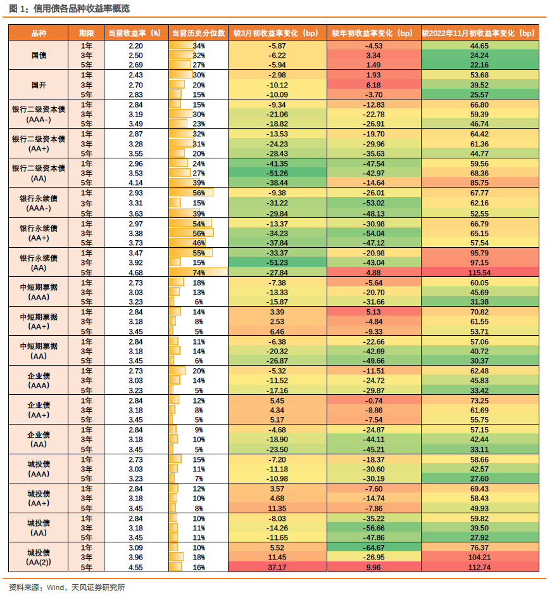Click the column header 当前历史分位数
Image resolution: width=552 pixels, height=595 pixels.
click(x=198, y=33)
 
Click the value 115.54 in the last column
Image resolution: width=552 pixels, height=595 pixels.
click(x=479, y=272)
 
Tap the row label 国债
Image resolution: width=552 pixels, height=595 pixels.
click(x=39, y=56)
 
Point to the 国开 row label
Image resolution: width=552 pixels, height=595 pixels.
click(x=39, y=85)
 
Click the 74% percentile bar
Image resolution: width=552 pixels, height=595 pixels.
click(x=198, y=272)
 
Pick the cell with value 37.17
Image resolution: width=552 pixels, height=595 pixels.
click(x=277, y=568)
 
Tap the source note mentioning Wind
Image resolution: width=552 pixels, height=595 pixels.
click(x=67, y=587)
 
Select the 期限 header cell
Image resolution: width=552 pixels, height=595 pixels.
click(x=86, y=33)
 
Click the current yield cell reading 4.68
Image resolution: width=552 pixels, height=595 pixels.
click(x=135, y=272)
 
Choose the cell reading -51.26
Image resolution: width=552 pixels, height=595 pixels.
click(x=277, y=173)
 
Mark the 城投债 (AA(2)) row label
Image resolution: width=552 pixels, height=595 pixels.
click(x=39, y=558)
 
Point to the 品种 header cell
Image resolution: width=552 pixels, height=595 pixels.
click(x=39, y=33)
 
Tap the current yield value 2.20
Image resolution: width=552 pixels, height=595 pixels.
click(x=135, y=46)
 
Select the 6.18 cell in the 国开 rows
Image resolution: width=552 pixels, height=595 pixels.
click(x=375, y=85)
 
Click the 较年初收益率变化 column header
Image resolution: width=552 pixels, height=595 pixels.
click(x=375, y=33)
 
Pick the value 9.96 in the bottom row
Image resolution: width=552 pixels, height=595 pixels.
click(x=375, y=568)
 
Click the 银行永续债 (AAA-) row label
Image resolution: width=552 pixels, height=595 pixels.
click(x=39, y=203)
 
